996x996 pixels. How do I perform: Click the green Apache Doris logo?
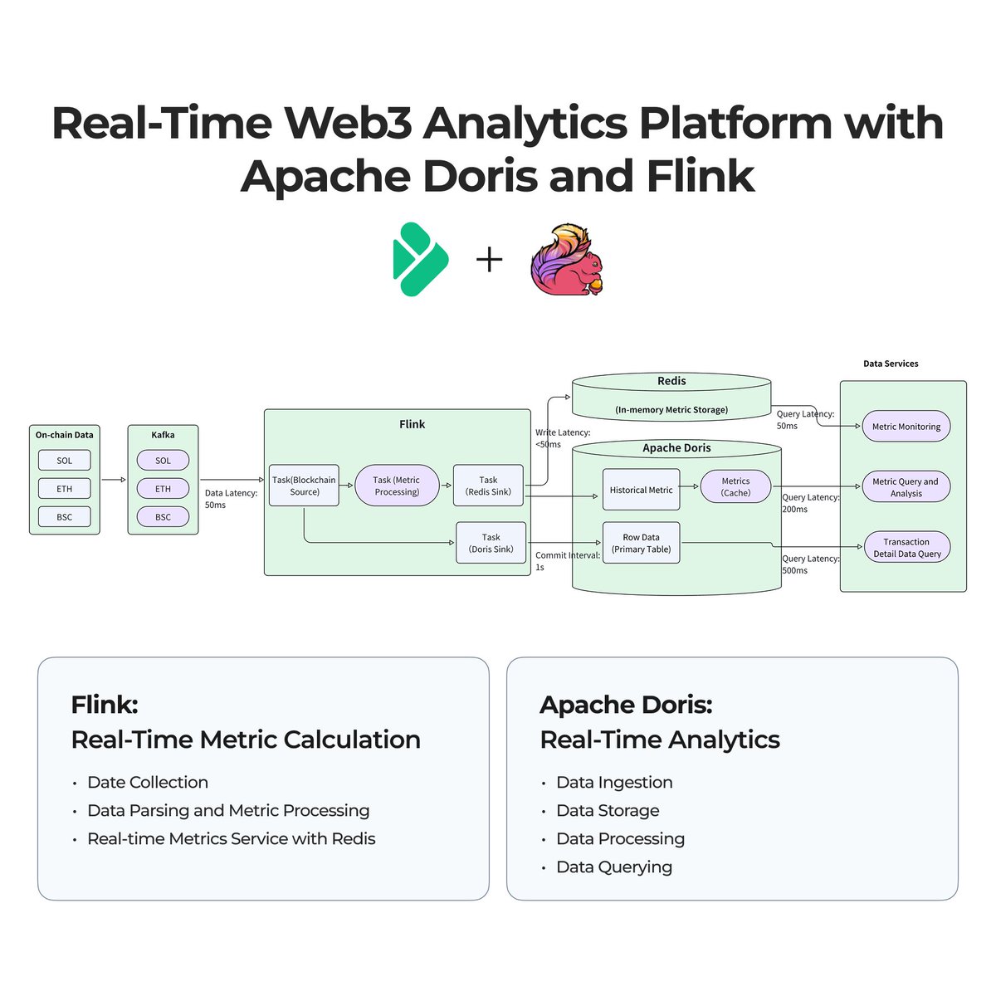click(x=420, y=259)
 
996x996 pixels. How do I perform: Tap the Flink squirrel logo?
click(x=567, y=259)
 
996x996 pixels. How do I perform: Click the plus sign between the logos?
click(x=490, y=260)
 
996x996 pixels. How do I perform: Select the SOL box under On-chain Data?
click(x=65, y=461)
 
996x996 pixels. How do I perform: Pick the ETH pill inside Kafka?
click(x=163, y=489)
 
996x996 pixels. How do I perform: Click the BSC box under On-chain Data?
click(x=65, y=517)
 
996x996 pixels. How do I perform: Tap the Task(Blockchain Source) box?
click(x=304, y=486)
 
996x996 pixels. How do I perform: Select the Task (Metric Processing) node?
click(x=397, y=486)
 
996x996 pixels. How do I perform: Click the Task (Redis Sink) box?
click(x=488, y=486)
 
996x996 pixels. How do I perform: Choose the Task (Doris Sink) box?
click(x=491, y=543)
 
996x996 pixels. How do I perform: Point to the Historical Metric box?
click(x=641, y=490)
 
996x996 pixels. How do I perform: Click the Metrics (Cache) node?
click(x=735, y=486)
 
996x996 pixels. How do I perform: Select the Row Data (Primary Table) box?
click(x=641, y=543)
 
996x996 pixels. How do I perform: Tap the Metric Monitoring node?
click(x=906, y=427)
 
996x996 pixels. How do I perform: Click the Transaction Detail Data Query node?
click(x=906, y=548)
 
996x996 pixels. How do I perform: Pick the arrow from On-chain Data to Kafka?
click(x=114, y=480)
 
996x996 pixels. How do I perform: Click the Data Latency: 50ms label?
click(x=231, y=499)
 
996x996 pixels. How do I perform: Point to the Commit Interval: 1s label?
click(x=567, y=561)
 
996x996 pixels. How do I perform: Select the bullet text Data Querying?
click(x=614, y=867)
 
